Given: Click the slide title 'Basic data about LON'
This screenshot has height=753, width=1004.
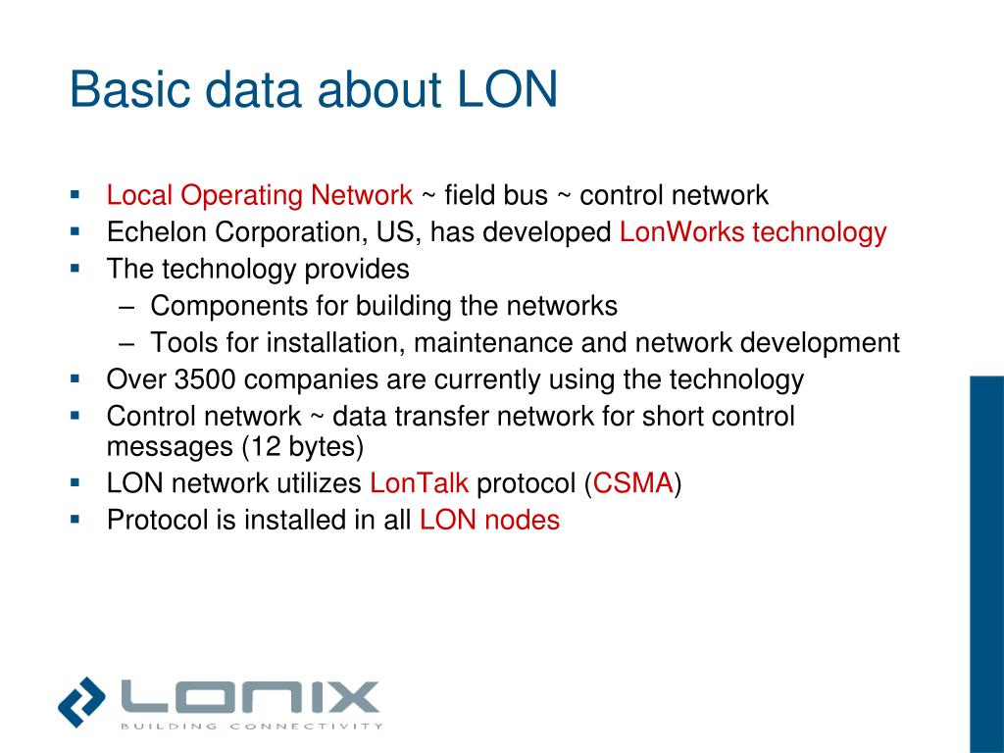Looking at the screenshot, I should [314, 90].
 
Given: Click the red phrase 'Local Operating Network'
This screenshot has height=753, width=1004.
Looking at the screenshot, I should [260, 195].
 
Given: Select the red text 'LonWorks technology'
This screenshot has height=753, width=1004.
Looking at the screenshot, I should [753, 232].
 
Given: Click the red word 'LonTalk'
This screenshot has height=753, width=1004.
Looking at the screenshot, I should [420, 483].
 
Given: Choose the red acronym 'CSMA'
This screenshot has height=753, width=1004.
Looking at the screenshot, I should [632, 483].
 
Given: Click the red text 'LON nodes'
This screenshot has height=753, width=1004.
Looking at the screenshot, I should [489, 521].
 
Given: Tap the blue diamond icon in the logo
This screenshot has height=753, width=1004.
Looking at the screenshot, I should [81, 700].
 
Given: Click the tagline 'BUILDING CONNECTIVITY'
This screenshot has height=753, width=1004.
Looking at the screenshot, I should [251, 727].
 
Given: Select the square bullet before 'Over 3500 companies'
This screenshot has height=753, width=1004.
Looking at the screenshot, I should [75, 377].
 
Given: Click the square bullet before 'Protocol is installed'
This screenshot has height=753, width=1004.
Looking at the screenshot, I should [75, 519].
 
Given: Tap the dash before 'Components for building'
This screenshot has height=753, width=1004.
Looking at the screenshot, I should [132, 306].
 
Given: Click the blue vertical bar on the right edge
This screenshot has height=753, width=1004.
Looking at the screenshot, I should [986, 564].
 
